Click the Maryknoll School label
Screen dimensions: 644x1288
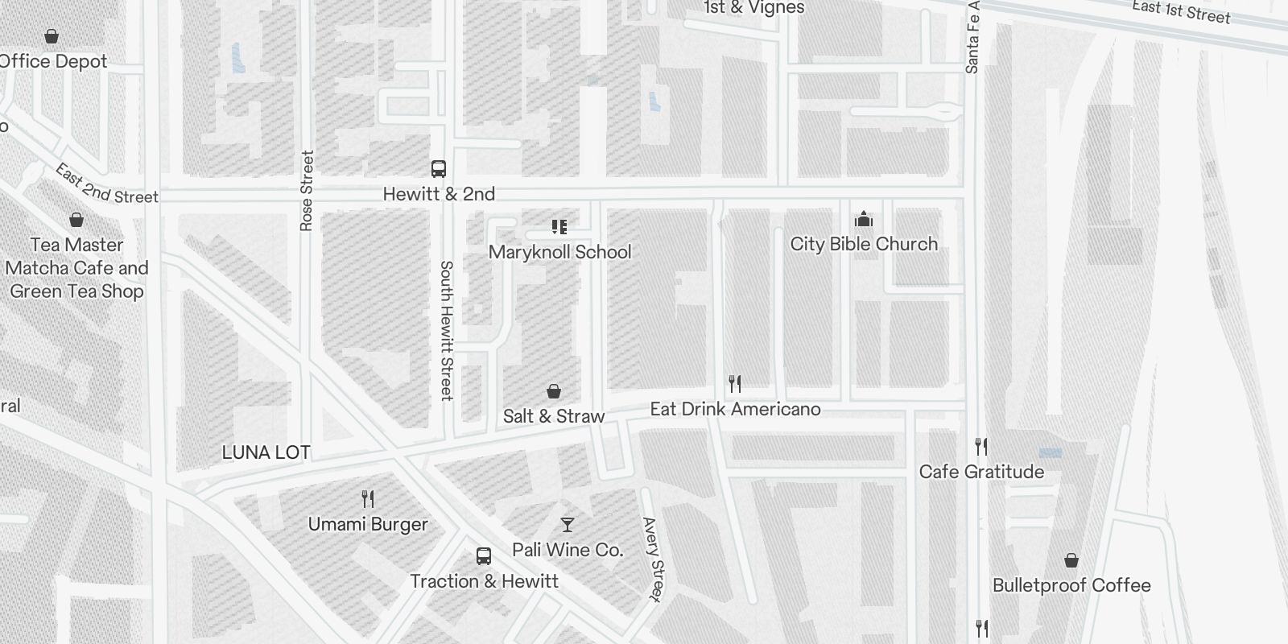tap(559, 252)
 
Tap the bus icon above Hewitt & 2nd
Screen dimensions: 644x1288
tap(439, 169)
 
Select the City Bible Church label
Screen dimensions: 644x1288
tap(864, 244)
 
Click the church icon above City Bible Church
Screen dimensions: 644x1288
tap(864, 219)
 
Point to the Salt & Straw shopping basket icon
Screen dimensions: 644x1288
tap(554, 391)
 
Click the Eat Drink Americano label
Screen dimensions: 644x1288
tap(735, 409)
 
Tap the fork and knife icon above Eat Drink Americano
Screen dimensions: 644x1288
tap(734, 383)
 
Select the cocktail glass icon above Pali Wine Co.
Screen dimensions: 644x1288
tap(568, 525)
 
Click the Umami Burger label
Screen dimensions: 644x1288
tap(368, 524)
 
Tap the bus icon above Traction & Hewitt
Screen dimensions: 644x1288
tap(484, 555)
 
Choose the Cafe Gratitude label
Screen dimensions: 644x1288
tap(981, 472)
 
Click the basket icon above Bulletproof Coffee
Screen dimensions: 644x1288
tap(1071, 560)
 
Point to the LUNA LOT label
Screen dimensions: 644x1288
tap(266, 452)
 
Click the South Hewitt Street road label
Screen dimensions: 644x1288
tap(447, 330)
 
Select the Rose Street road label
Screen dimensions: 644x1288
tap(306, 191)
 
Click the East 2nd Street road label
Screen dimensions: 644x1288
tap(106, 184)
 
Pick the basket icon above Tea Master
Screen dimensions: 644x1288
tap(76, 220)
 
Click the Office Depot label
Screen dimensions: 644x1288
tap(53, 61)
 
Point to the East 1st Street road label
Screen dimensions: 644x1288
tap(1181, 11)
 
